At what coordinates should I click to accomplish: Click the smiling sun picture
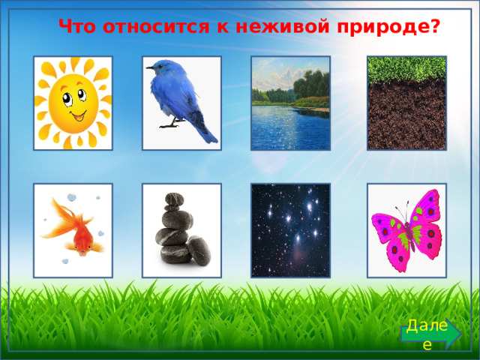tap(73, 103)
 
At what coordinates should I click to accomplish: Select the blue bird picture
tap(181, 103)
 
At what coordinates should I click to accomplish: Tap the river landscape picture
tap(290, 103)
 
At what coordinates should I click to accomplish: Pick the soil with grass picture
tap(406, 103)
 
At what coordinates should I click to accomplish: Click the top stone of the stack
tap(173, 199)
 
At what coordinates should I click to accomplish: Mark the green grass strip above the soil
tap(406, 70)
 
